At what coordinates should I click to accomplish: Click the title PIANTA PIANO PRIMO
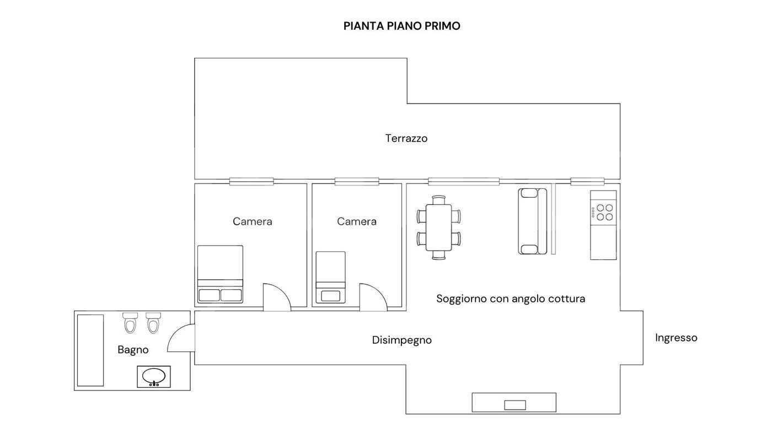(401, 26)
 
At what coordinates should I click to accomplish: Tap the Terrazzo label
(406, 138)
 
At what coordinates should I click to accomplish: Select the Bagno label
(133, 350)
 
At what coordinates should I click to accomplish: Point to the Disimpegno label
(402, 340)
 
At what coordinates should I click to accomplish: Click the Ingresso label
(676, 338)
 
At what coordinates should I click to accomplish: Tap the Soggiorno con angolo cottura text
(511, 299)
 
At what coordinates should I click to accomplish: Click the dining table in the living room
(439, 227)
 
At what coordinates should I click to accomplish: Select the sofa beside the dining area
(533, 221)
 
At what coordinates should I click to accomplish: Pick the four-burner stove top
(603, 213)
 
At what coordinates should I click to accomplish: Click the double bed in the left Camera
(220, 274)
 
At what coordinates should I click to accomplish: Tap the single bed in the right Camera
(331, 277)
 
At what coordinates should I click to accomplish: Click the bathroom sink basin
(154, 377)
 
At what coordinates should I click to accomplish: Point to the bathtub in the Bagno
(90, 350)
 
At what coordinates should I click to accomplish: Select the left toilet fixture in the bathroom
(130, 323)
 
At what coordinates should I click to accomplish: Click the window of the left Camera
(251, 181)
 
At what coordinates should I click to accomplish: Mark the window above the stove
(587, 181)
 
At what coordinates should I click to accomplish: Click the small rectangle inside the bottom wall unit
(515, 405)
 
